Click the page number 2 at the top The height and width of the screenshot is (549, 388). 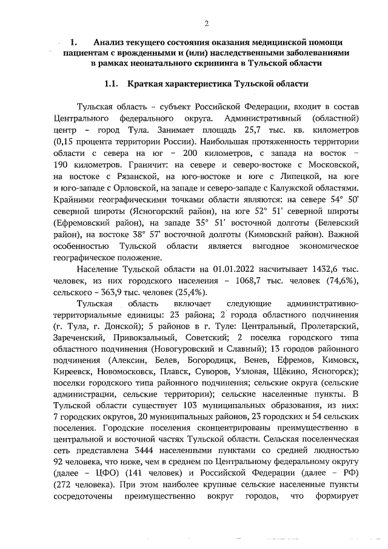[206, 24]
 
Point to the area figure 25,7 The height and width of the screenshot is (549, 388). [252, 130]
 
